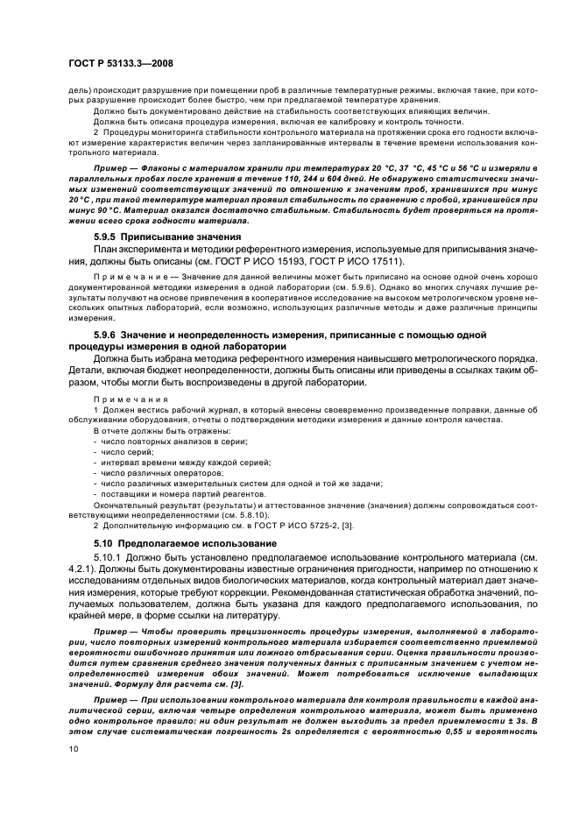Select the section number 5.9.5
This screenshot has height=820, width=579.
[108, 237]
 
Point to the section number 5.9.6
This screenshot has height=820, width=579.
[108, 335]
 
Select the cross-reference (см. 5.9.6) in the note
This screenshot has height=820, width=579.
[360, 286]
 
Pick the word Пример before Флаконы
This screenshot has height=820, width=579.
[112, 166]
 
